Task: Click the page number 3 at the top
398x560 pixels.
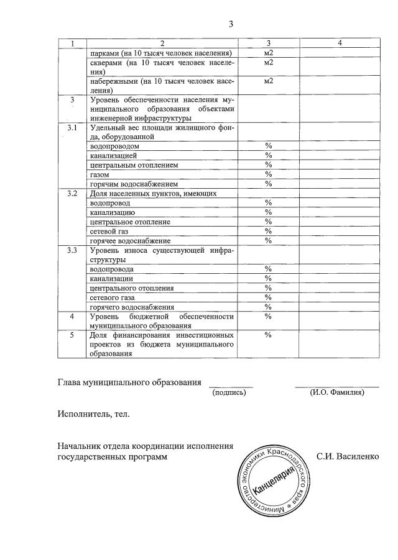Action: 230,24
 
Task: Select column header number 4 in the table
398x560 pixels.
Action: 340,43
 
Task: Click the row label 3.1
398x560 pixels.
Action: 73,128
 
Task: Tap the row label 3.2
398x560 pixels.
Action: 73,194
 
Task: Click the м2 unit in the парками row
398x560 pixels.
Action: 269,53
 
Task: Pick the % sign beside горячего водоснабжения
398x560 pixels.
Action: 269,307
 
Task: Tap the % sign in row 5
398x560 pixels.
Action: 269,335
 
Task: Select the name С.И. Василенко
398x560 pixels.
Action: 348,457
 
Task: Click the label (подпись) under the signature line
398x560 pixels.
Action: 229,392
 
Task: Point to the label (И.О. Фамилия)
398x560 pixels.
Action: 337,392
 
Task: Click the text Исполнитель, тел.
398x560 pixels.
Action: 93,413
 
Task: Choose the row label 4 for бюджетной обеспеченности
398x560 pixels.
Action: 73,316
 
